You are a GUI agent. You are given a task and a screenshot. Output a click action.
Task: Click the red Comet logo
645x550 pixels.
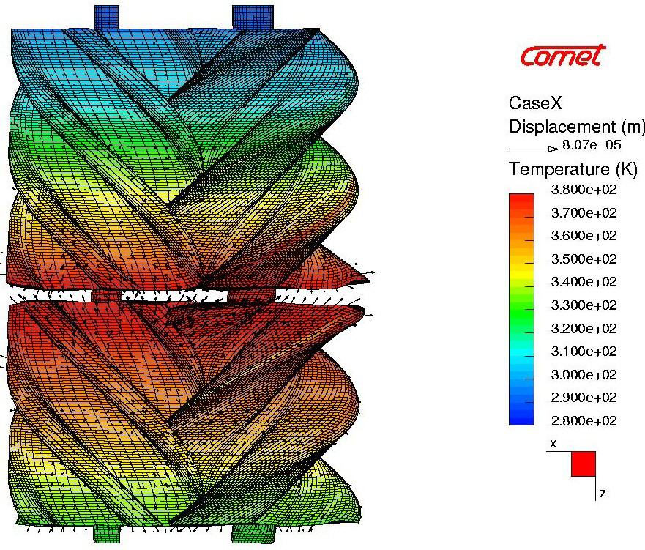pos(563,56)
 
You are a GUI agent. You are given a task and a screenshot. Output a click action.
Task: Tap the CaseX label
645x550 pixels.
pos(535,103)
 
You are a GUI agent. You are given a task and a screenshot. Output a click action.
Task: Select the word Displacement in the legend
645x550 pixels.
pos(562,127)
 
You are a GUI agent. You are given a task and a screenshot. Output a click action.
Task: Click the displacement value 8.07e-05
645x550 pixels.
pos(592,145)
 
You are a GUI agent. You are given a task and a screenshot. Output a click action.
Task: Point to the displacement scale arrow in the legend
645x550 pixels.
pos(534,149)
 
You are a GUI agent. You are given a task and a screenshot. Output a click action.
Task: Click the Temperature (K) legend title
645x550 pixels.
pos(573,168)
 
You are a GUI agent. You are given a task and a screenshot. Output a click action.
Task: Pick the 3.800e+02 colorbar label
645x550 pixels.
pos(584,190)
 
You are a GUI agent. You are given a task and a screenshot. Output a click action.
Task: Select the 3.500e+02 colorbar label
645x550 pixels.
pos(584,259)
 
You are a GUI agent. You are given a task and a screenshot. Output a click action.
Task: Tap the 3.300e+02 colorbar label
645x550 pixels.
pos(584,305)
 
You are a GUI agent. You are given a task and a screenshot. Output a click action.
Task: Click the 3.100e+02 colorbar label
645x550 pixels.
pos(584,352)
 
